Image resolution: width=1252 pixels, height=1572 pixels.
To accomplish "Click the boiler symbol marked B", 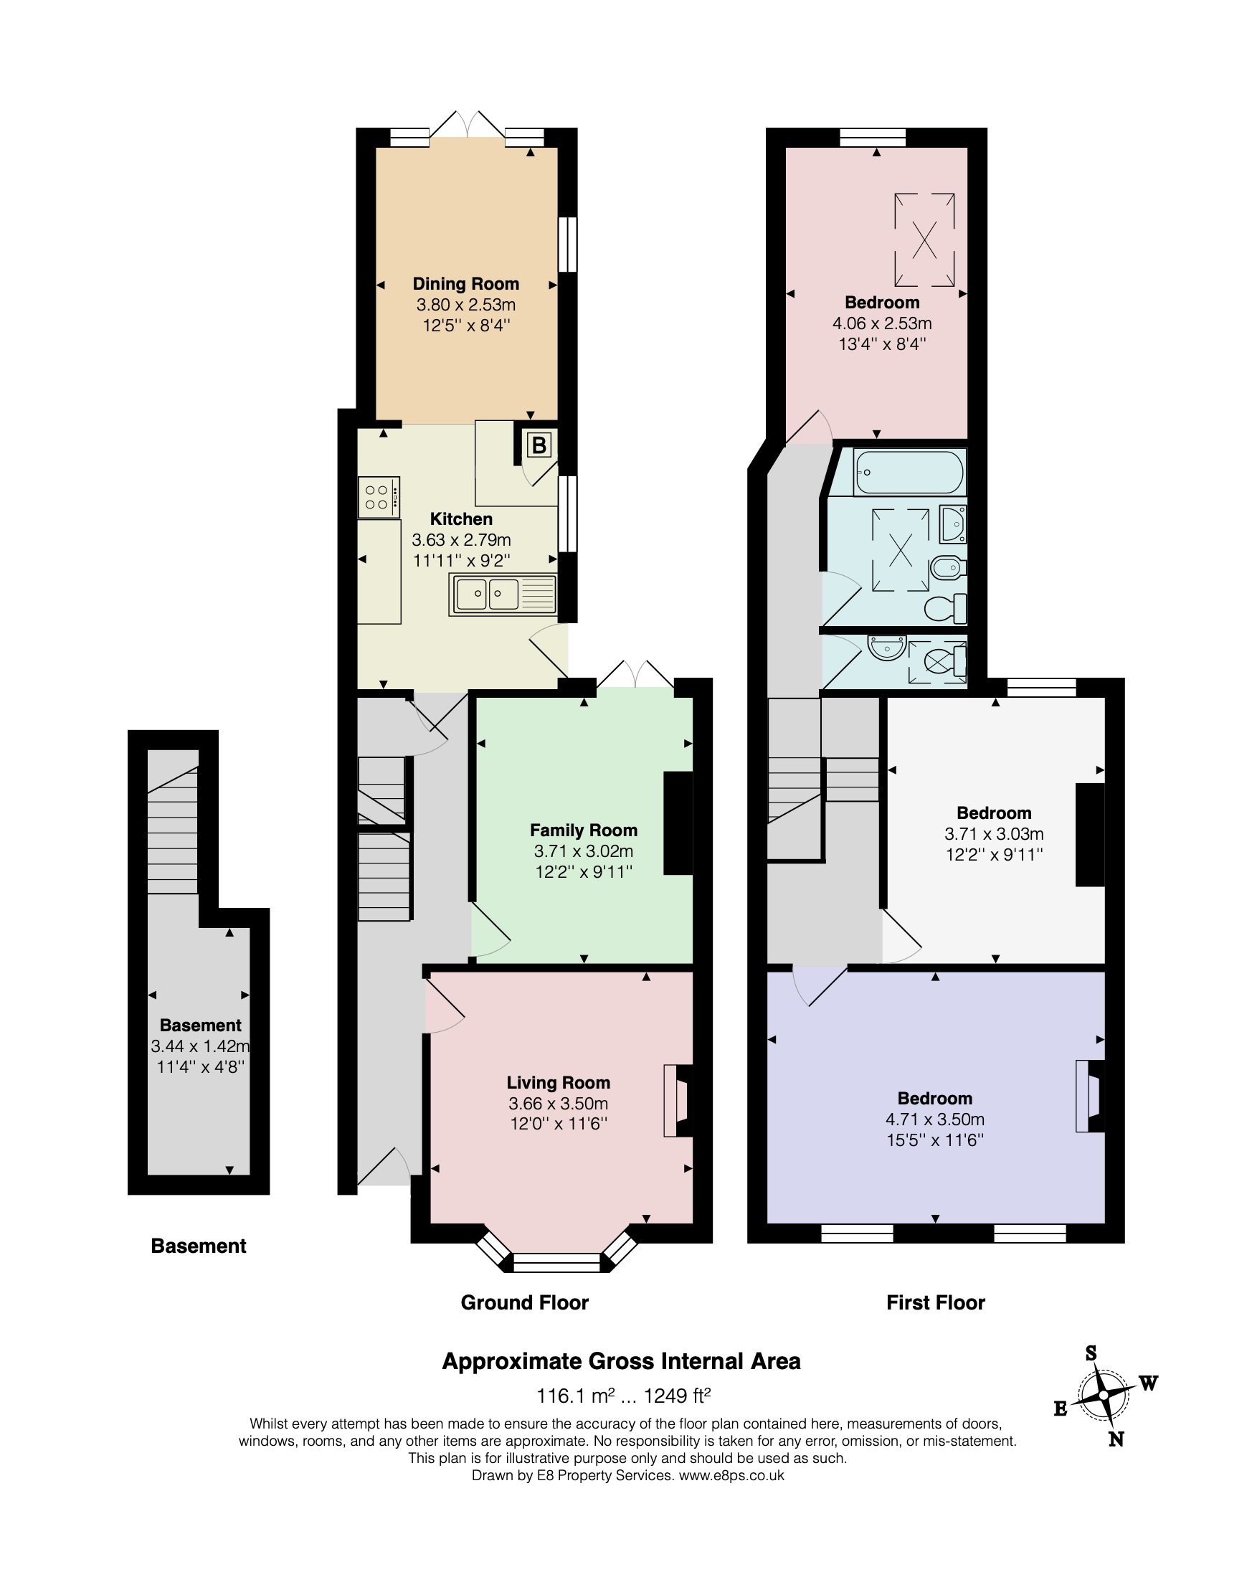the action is pyautogui.click(x=539, y=445).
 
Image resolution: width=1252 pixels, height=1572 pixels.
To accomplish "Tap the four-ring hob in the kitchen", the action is pyautogui.click(x=379, y=497).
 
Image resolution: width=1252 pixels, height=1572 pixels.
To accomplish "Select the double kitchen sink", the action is pyautogui.click(x=503, y=595).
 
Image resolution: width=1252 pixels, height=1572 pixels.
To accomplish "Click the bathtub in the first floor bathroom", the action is pyautogui.click(x=909, y=473).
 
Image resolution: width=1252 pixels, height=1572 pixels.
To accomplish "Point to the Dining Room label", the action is pyautogui.click(x=466, y=283).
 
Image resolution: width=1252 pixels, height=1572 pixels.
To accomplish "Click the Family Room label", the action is pyautogui.click(x=584, y=830).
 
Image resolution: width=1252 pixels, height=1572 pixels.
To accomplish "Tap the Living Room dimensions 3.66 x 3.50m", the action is pyautogui.click(x=559, y=1103).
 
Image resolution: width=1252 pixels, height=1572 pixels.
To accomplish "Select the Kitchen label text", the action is pyautogui.click(x=461, y=519).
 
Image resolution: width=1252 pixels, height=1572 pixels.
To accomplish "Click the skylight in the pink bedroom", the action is pyautogui.click(x=924, y=239).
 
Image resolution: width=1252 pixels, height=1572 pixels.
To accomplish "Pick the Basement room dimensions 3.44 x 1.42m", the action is pyautogui.click(x=201, y=1046).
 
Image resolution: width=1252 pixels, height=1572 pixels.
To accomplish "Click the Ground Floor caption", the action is pyautogui.click(x=524, y=1302).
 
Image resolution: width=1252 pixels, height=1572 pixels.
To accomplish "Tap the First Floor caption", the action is pyautogui.click(x=936, y=1302).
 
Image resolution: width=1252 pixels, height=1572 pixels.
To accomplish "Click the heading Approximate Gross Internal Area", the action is pyautogui.click(x=621, y=1360).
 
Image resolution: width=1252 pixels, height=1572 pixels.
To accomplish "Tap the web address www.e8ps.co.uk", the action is pyautogui.click(x=731, y=1475).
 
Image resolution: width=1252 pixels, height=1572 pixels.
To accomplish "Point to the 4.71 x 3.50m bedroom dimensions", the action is pyautogui.click(x=935, y=1119).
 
